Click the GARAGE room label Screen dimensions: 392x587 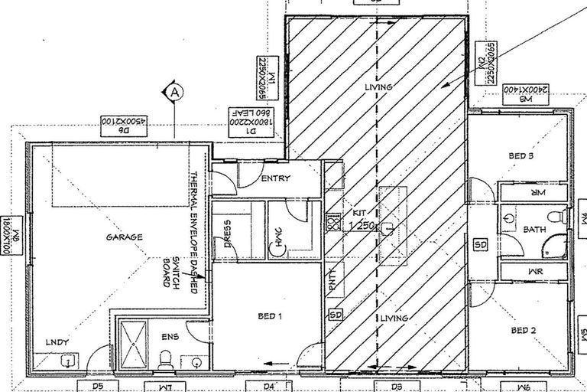[125, 237]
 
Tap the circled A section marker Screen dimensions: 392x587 [174, 93]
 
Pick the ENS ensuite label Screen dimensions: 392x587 [170, 335]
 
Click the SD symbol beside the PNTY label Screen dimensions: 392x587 [334, 315]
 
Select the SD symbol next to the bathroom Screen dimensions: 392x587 [481, 244]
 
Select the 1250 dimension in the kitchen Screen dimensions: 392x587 [362, 227]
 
